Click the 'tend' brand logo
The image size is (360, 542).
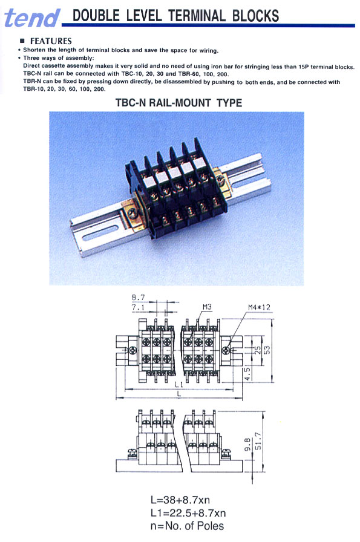pos(33,17)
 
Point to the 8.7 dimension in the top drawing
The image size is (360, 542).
pos(138,298)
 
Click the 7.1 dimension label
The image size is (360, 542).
pos(138,307)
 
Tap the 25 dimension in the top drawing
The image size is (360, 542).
pos(257,350)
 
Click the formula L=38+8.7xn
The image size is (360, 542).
pos(188,500)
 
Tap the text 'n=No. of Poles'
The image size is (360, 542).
pos(187,526)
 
